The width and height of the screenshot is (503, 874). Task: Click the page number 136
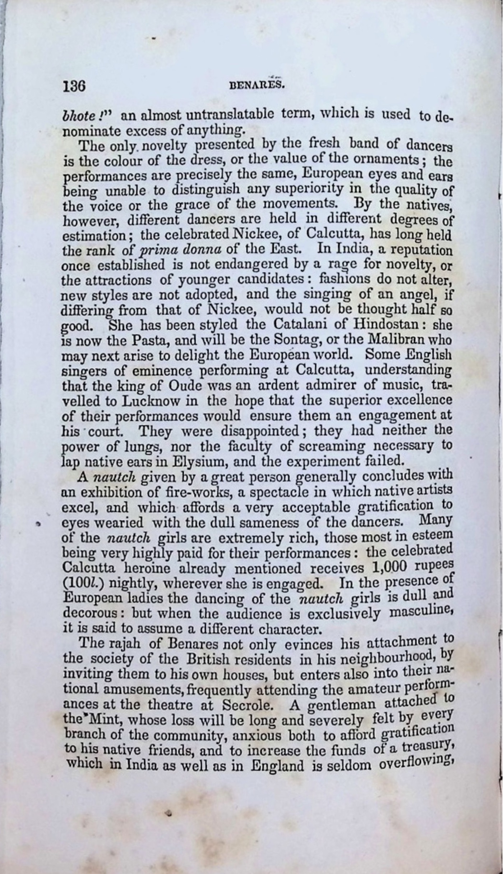(x=74, y=86)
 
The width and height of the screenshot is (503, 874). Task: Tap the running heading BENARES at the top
(x=257, y=85)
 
